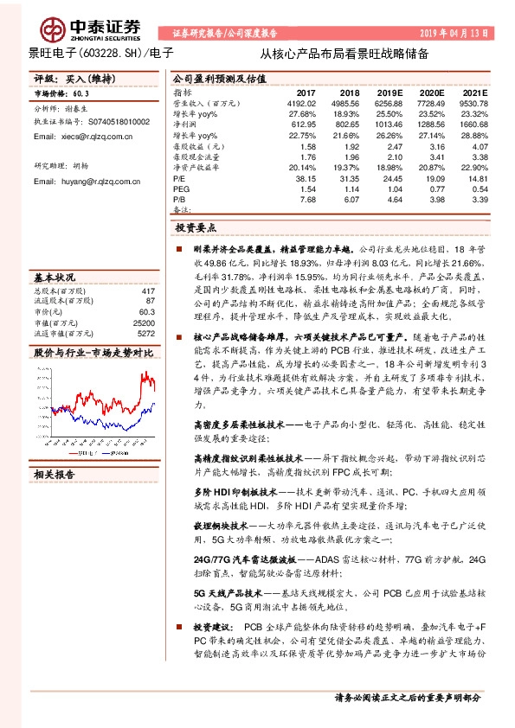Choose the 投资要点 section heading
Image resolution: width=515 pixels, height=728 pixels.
coord(196,227)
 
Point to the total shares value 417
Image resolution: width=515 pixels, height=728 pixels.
coord(148,291)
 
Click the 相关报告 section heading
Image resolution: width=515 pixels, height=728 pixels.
coord(55,473)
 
